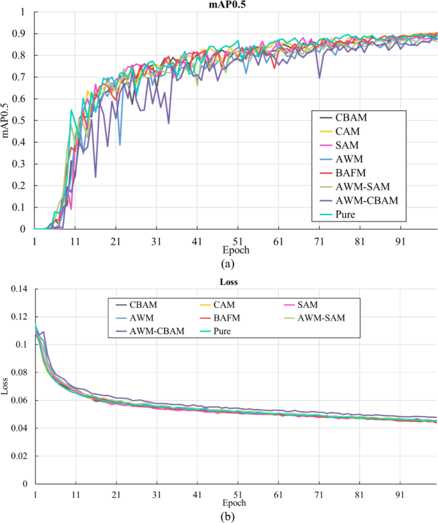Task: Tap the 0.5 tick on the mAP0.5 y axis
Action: pyautogui.click(x=22, y=120)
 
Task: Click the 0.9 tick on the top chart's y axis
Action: pyautogui.click(x=22, y=33)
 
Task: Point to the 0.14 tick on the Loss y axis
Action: pyautogui.click(x=20, y=290)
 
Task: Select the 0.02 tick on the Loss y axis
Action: pyautogui.click(x=20, y=456)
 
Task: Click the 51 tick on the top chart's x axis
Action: pyautogui.click(x=237, y=236)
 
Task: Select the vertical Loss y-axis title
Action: pyautogui.click(x=6, y=387)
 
